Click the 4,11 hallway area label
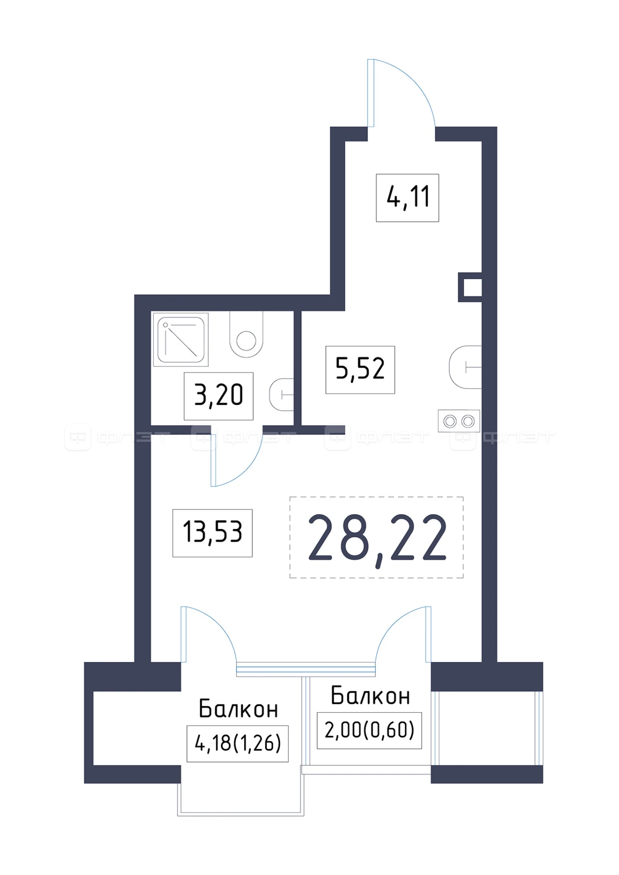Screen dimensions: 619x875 (408, 198)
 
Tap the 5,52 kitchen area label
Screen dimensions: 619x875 (360, 370)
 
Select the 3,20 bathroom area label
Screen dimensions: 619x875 (219, 396)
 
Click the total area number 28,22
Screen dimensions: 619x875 (377, 538)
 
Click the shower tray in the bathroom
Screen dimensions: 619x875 (181, 339)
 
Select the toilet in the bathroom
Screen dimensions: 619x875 (246, 334)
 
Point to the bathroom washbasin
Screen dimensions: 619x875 (281, 395)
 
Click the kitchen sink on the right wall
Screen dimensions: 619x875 (465, 367)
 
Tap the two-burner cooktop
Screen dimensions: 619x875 (459, 421)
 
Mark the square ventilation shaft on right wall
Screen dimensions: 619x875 (470, 287)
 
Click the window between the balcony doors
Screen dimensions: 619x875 (306, 669)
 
